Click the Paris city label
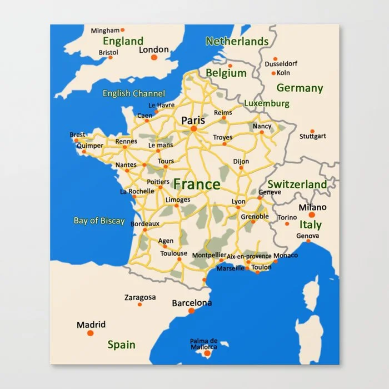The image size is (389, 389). [x=193, y=120]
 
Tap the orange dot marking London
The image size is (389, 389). [x=154, y=57]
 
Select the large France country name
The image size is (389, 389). [x=197, y=184]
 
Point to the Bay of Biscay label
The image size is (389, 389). [x=99, y=221]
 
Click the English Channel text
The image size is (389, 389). [x=133, y=93]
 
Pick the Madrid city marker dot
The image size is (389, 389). [x=91, y=333]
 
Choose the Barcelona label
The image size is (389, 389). [x=192, y=303]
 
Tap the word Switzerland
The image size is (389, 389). [x=297, y=184]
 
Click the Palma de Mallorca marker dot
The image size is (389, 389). [x=207, y=353]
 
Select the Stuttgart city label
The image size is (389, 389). [x=313, y=136]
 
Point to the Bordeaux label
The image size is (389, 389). [x=144, y=223]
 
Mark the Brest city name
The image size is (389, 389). [x=78, y=134]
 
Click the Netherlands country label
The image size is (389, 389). [x=237, y=41]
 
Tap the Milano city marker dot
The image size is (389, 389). [x=312, y=215]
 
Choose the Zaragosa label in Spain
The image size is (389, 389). [x=140, y=297]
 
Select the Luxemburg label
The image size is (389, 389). [x=267, y=103]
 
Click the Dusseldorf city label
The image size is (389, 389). [x=281, y=64]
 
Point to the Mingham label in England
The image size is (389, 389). [x=105, y=30]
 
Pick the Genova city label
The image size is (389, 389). [x=308, y=236]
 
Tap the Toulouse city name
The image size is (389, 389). [x=174, y=253]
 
